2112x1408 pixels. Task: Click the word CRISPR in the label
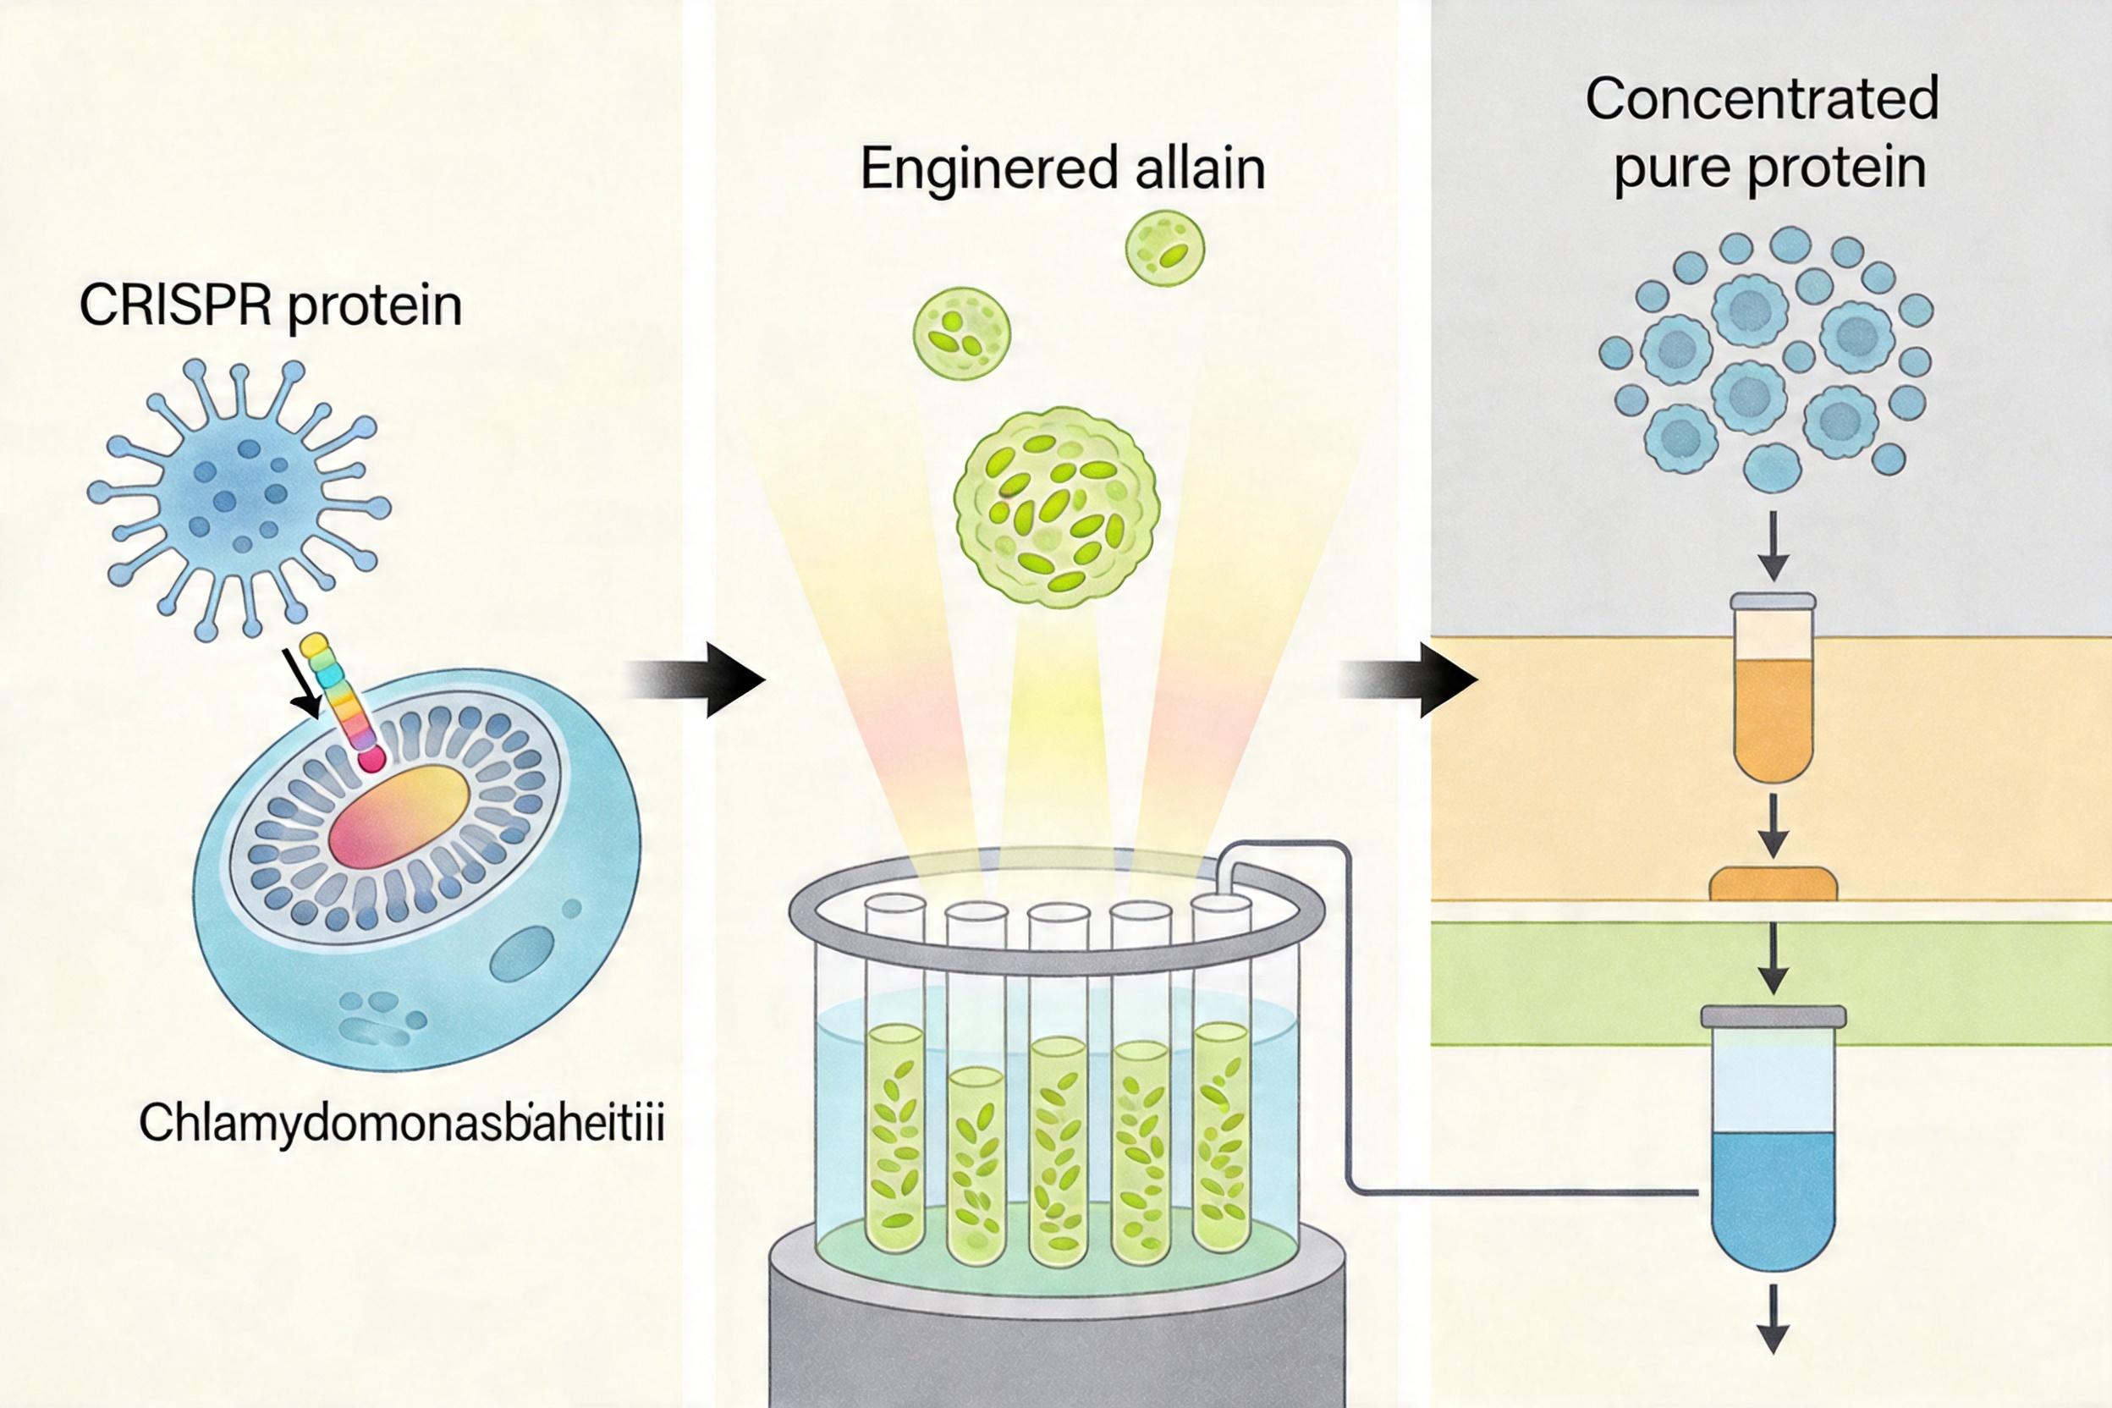175,306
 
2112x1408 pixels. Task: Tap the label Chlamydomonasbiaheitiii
401,1124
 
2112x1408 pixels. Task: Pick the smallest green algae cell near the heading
1163,249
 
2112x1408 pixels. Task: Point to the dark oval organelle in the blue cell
523,954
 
